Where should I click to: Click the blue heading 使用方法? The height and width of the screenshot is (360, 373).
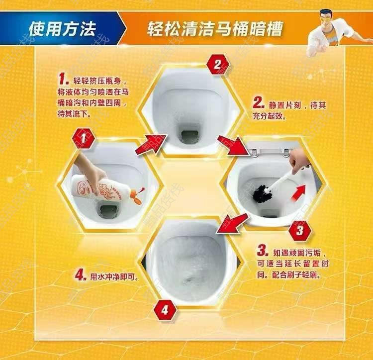(62, 29)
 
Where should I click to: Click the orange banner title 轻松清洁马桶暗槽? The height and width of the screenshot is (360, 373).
(215, 29)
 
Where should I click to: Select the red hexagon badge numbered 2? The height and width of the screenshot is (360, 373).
(217, 65)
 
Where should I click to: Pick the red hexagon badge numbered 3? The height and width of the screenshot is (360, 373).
(300, 230)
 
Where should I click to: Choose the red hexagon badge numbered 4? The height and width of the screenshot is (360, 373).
(165, 310)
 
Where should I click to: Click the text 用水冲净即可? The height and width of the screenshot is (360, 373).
(114, 277)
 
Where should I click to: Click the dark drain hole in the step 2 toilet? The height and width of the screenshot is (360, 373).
(189, 136)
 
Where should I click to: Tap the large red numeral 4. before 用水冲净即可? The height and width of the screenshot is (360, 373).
(81, 276)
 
